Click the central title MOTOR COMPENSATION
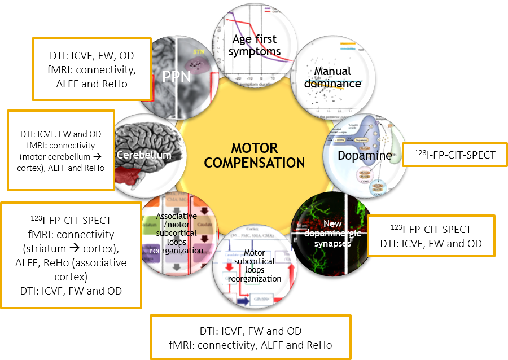[x=254, y=155]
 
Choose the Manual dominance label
[x=337, y=77]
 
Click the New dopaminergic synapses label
[x=333, y=234]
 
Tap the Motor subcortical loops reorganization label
[x=255, y=266]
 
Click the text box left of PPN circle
[x=91, y=69]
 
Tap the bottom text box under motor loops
[x=251, y=337]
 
